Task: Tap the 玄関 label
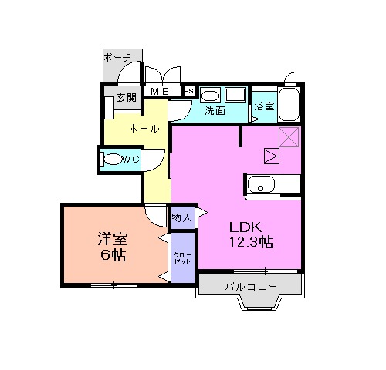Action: point(126,98)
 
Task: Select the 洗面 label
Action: point(215,110)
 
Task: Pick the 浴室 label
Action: point(263,106)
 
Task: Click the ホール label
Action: point(144,129)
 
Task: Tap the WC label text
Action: point(131,159)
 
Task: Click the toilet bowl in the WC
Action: point(113,160)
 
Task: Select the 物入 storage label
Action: point(181,219)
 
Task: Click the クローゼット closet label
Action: point(182,257)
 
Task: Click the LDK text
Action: point(247,227)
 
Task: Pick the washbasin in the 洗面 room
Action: point(212,95)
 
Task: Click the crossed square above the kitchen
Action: point(289,137)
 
